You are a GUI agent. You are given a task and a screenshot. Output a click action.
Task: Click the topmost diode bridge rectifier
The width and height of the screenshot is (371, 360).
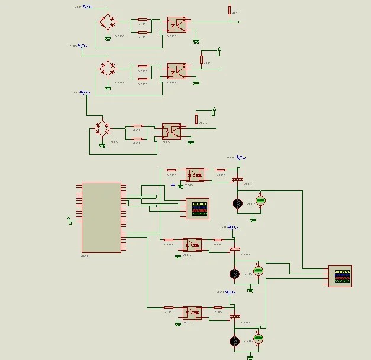pos(108,22)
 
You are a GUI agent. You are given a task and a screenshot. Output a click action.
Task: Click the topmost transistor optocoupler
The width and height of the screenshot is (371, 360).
pos(176,24)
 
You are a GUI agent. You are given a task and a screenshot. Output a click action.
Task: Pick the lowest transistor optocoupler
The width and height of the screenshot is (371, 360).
pos(172,131)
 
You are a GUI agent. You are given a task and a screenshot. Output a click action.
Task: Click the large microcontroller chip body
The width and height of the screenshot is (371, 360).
pos(101,217)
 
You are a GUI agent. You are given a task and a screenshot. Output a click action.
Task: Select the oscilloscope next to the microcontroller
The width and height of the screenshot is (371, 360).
pos(198,209)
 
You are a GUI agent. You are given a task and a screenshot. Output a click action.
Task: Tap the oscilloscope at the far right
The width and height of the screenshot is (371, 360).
pos(340,276)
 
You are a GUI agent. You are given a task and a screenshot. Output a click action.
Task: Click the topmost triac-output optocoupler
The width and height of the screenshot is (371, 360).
pos(195,175)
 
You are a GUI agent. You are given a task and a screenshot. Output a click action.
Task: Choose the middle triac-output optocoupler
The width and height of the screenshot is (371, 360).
pos(192,245)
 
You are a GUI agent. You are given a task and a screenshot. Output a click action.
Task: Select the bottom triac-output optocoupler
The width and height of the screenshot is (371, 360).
pos(192,312)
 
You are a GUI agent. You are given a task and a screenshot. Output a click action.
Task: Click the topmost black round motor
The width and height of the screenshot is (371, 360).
pos(237,203)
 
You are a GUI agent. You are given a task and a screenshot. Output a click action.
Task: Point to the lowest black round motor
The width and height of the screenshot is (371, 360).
pos(234,341)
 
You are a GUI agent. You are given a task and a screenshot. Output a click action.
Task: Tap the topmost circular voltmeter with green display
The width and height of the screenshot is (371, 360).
pos(260,200)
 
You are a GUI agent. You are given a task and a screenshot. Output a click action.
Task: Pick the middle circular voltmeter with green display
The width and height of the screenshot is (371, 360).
pos(258,271)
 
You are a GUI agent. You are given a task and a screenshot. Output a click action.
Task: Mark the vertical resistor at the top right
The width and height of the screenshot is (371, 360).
pos(230,9)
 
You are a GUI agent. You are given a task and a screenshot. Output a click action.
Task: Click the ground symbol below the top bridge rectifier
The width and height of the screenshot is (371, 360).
pos(108,38)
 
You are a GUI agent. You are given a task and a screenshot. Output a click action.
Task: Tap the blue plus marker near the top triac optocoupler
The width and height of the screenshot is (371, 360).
pos(173,185)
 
